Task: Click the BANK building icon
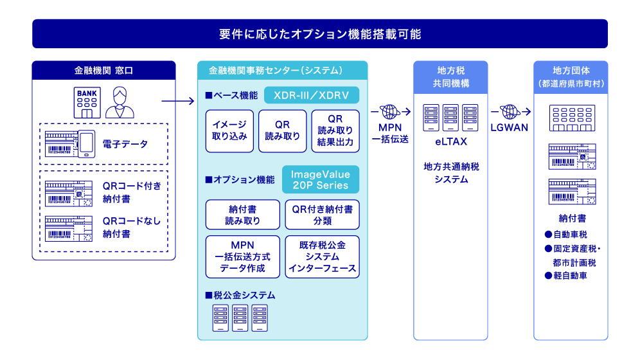pos(87,102)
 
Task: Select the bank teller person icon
pos(120,102)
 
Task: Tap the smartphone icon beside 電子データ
pos(86,143)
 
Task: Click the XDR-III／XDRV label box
pos(312,95)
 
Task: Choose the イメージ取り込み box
pos(229,131)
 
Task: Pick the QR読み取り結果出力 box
pos(335,131)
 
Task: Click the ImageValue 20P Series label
pos(321,179)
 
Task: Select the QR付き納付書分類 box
pos(322,215)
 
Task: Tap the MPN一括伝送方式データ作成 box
pos(242,256)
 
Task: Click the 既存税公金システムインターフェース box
pos(322,256)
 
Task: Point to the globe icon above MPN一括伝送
pos(390,111)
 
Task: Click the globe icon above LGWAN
pos(510,111)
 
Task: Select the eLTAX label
pos(451,141)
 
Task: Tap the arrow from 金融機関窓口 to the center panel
pos(178,101)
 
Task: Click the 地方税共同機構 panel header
pos(450,77)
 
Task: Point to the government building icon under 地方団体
pos(572,118)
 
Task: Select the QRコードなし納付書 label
pos(132,228)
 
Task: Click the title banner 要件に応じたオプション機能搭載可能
pos(320,34)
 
